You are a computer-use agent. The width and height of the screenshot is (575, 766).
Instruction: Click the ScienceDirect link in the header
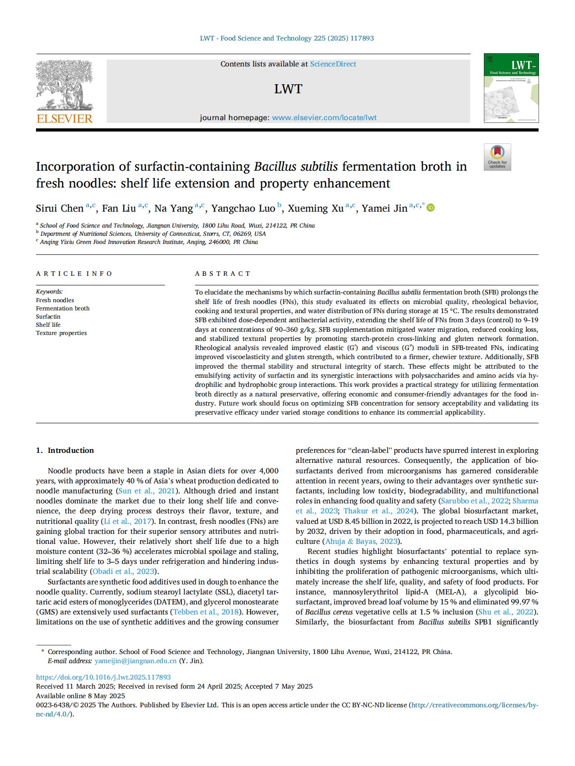[x=333, y=64]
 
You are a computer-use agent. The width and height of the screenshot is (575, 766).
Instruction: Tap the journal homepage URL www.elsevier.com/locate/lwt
[x=324, y=117]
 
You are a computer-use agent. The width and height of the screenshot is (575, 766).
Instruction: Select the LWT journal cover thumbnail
[x=511, y=88]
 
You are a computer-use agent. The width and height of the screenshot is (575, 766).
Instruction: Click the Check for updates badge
[x=497, y=157]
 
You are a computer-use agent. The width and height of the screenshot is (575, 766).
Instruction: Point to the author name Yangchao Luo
[x=243, y=208]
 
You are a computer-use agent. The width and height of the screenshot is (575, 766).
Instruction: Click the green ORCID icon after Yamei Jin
[x=431, y=208]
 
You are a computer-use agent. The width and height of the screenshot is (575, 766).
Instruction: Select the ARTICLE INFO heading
[x=74, y=274]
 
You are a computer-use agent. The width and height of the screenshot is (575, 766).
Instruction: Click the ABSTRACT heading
[x=223, y=274]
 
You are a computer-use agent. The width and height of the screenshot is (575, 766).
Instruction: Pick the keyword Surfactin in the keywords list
[x=48, y=316]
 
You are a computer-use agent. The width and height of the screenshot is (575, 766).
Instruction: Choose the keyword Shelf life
[x=48, y=325]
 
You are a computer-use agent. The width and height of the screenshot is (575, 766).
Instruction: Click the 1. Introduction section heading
[x=65, y=450]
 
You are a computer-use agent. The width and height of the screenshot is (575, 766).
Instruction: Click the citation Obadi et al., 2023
[x=124, y=571]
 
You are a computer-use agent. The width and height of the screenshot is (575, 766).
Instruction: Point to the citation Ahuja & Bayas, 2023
[x=362, y=541]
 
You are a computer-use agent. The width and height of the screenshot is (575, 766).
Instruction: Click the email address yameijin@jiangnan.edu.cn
[x=135, y=661]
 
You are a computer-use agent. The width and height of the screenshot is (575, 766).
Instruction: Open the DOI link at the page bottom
[x=103, y=677]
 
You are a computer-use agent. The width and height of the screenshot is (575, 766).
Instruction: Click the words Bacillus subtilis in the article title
[x=296, y=167]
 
